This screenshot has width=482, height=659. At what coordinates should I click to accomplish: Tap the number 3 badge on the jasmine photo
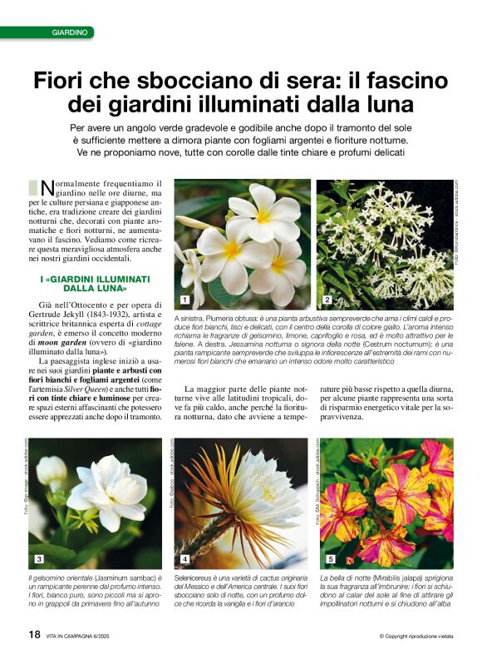pos(40,558)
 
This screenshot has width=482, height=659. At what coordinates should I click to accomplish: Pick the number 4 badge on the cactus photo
pos(184,558)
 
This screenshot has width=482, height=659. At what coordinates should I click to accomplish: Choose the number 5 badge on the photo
pos(330,558)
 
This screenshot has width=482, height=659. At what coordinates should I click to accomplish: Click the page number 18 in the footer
pos(35,634)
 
